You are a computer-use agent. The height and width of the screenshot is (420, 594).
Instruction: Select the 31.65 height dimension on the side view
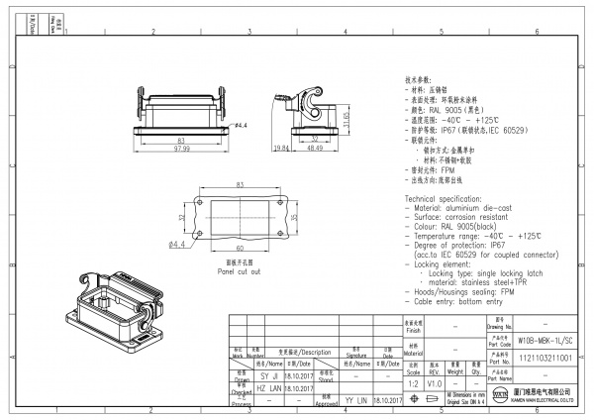[x=346, y=118]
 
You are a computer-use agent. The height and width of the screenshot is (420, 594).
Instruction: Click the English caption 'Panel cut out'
[x=240, y=270]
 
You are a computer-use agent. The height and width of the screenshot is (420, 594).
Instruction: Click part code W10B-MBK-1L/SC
[x=544, y=338]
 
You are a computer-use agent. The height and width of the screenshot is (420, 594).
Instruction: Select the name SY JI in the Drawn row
[x=243, y=376]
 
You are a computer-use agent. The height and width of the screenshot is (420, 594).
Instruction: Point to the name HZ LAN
[x=243, y=389]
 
